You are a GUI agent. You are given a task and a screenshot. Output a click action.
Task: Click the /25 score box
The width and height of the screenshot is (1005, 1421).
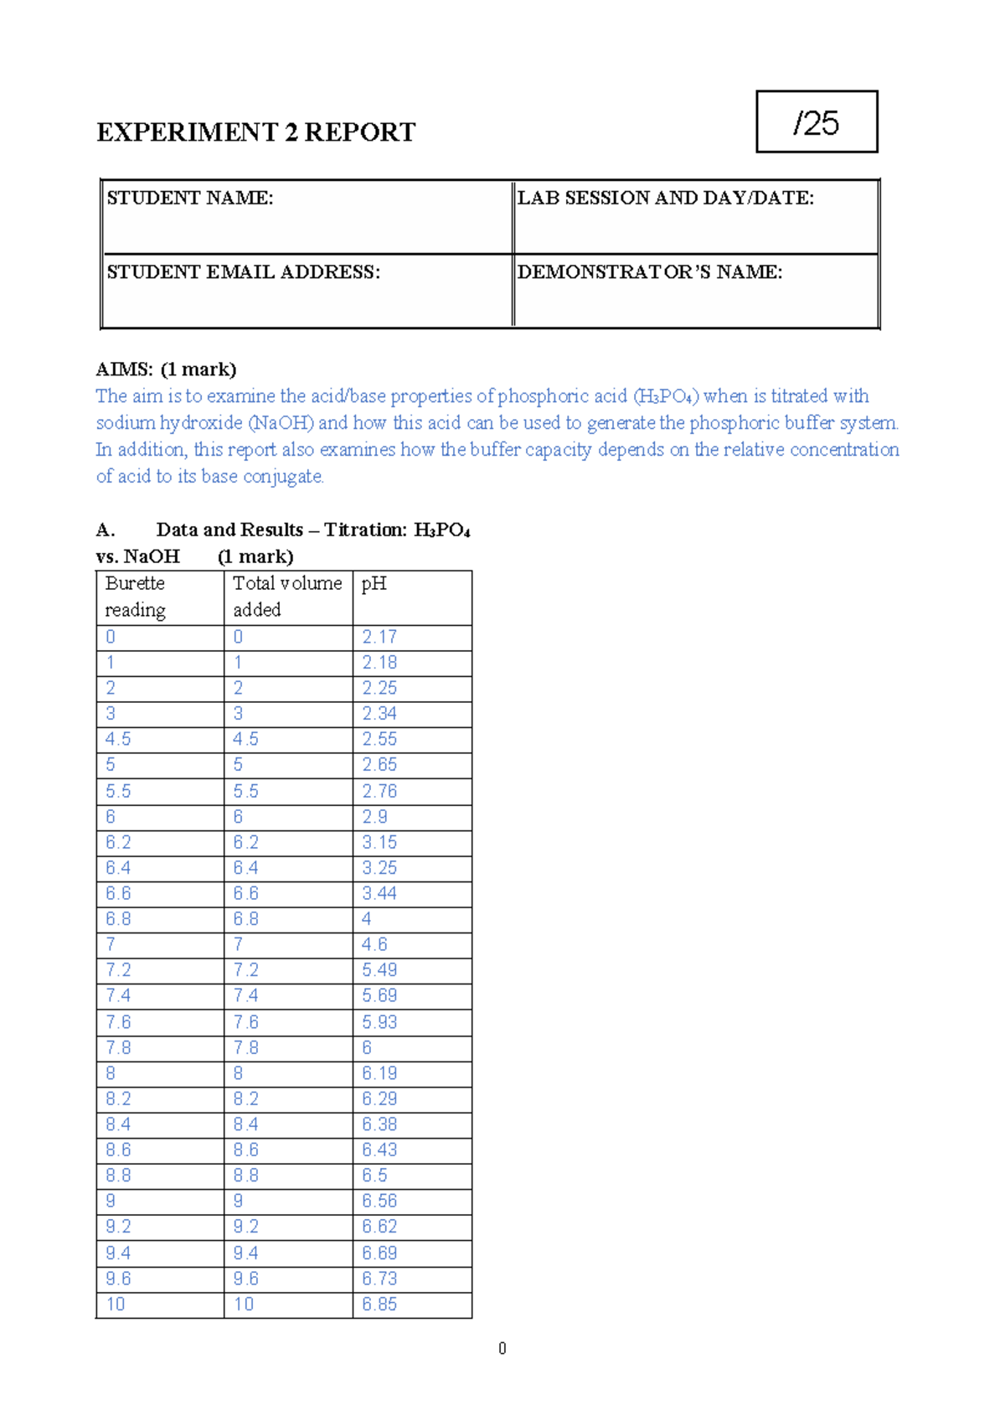coord(817,122)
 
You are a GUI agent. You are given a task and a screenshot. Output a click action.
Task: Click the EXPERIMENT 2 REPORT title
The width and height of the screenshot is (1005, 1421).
coord(255,132)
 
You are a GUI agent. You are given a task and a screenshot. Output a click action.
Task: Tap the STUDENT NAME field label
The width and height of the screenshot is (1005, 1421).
coord(190,199)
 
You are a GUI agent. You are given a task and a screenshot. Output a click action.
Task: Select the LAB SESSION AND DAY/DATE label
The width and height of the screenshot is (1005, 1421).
coord(666,199)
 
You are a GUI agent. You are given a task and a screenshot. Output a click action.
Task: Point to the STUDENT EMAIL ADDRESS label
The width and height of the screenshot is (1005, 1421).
coord(244,272)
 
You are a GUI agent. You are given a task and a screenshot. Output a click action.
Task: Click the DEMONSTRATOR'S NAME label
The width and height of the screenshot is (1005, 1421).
coord(650,272)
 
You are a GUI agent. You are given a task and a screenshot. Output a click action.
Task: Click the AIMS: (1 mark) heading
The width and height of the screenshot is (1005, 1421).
coord(166,369)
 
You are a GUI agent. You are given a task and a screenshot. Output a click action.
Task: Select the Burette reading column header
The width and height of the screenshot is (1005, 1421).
coord(135,597)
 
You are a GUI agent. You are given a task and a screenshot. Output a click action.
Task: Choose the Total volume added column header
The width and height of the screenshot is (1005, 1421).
coord(287,597)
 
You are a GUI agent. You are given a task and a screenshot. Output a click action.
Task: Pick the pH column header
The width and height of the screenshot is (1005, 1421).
coord(374,584)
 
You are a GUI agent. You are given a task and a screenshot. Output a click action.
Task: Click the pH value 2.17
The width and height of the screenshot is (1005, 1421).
coord(379,638)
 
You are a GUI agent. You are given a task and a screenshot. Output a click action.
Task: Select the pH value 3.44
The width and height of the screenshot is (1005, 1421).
coord(379,894)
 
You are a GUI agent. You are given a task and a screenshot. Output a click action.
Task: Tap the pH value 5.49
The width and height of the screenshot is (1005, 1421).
coord(379,970)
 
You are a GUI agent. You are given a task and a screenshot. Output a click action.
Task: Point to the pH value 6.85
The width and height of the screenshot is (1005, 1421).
coord(379,1305)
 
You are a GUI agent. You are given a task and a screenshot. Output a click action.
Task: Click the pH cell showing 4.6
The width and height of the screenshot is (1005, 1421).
coord(374,945)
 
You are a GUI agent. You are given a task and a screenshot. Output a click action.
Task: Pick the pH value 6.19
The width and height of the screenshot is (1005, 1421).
coord(379,1073)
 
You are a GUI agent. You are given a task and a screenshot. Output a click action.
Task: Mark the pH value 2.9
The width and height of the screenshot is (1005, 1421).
coord(374,817)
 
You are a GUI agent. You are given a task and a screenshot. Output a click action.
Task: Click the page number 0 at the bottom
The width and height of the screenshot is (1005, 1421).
coord(502,1349)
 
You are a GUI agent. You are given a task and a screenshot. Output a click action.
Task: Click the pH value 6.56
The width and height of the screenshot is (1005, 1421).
coord(379,1201)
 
